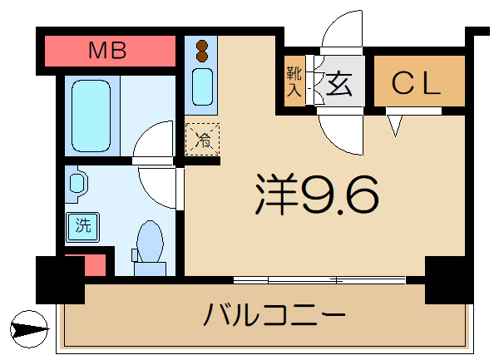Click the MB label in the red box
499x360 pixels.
tap(108, 51)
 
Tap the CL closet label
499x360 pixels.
tap(417, 83)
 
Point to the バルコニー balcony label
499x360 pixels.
tap(274, 317)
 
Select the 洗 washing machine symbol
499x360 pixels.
tap(82, 224)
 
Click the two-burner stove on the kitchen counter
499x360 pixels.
tap(200, 51)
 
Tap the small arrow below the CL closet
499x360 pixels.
tap(395, 126)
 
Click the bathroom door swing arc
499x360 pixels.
tap(154, 140)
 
